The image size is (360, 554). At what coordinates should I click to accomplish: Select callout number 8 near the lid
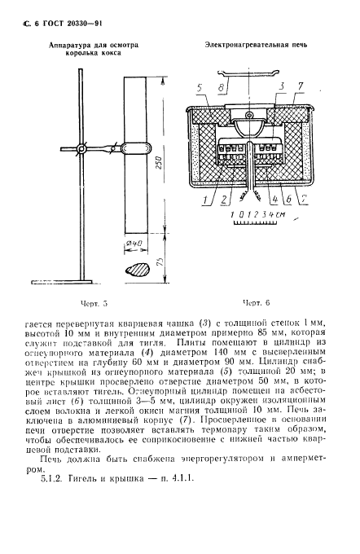pos(221,86)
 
